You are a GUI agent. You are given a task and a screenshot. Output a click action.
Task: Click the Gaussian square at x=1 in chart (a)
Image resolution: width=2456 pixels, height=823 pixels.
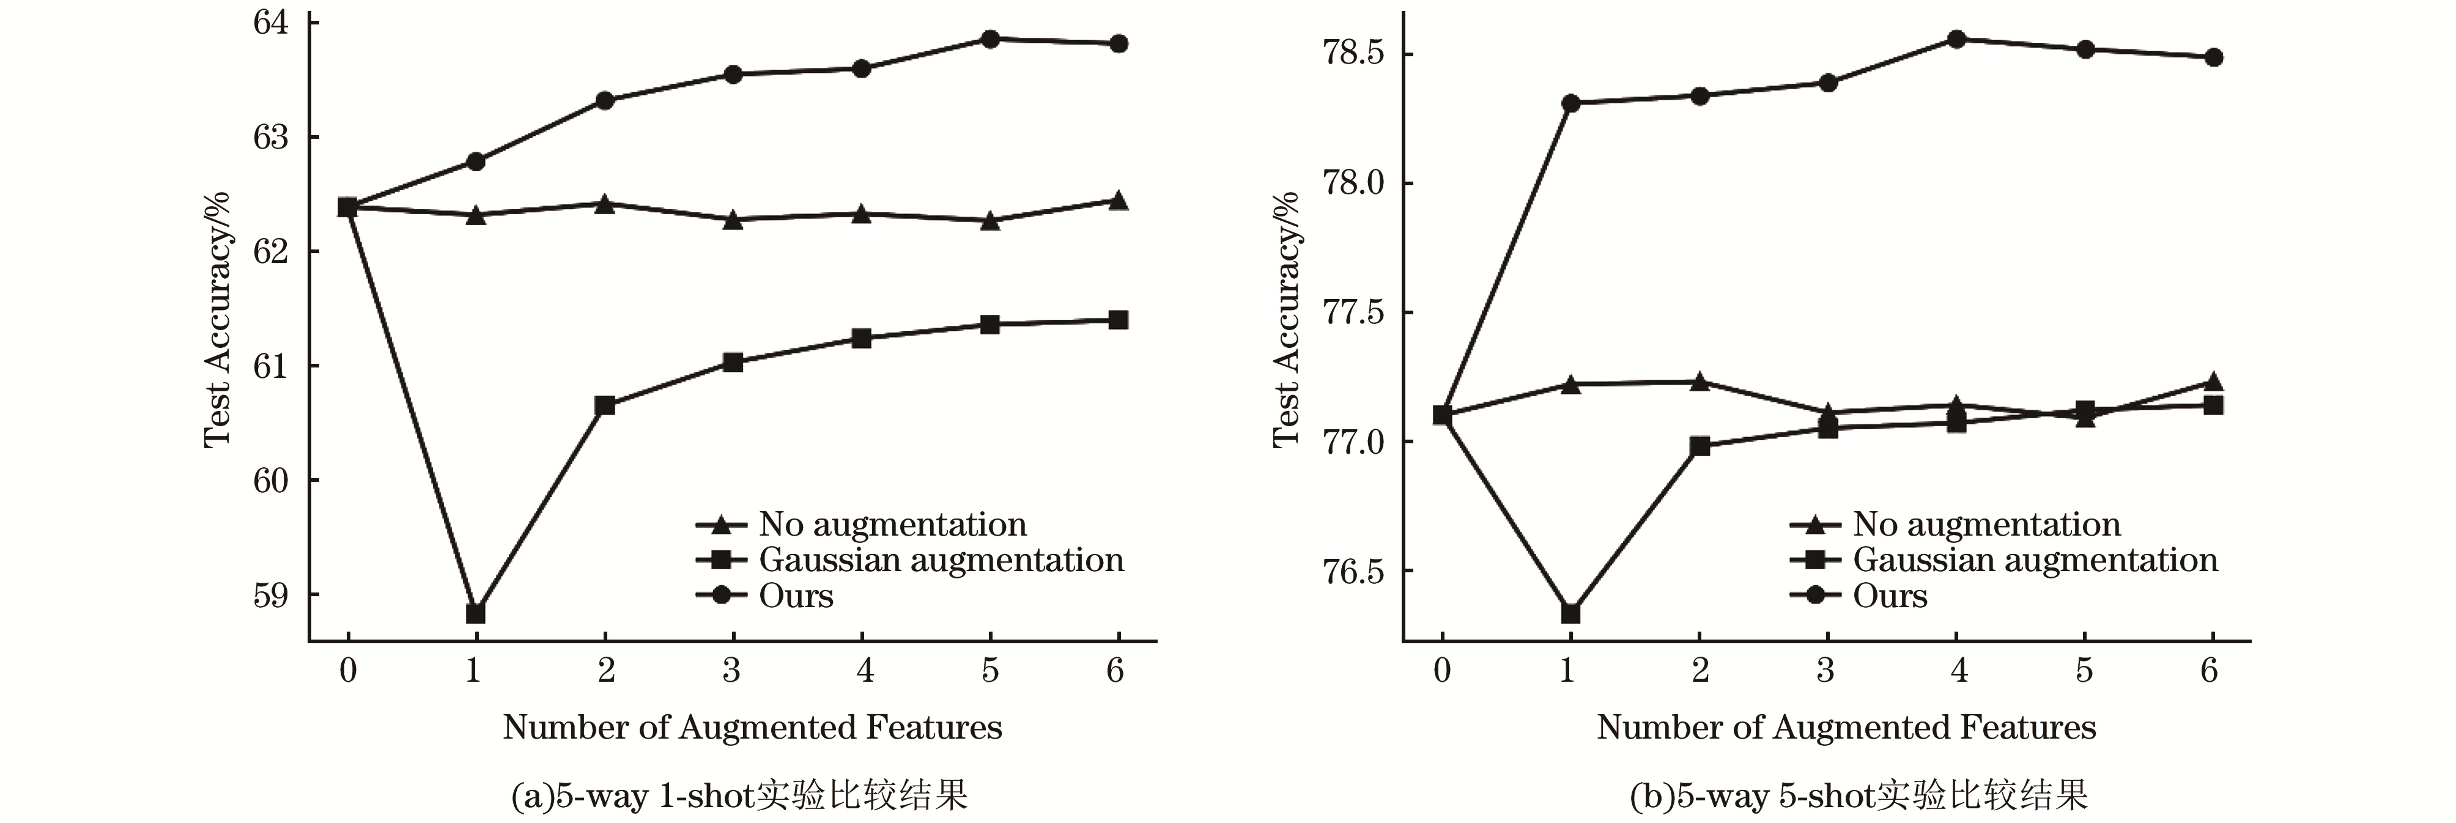tap(475, 612)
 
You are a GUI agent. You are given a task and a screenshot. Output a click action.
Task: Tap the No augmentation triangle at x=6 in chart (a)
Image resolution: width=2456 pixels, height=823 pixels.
tap(1119, 201)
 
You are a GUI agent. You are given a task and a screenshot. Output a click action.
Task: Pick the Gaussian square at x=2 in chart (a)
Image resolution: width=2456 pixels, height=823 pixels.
tap(604, 405)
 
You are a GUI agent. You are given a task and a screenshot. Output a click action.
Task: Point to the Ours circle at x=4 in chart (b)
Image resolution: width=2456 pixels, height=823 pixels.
tap(1956, 39)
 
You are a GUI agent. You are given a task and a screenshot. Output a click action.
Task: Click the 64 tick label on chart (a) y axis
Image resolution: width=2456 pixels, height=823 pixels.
tap(271, 22)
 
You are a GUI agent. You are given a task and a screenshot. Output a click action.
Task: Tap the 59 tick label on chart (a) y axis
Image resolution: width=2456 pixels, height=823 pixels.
tap(271, 595)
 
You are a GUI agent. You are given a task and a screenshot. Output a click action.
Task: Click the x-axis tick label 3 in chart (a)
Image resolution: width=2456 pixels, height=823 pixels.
tap(731, 671)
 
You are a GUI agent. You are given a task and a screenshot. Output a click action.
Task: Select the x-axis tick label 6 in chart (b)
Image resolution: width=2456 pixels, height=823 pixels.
tap(2209, 671)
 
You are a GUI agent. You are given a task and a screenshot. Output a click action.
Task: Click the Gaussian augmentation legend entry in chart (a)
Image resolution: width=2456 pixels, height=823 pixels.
tap(940, 560)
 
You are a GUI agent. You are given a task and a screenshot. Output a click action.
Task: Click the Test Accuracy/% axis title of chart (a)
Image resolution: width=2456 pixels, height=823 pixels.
tap(217, 319)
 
